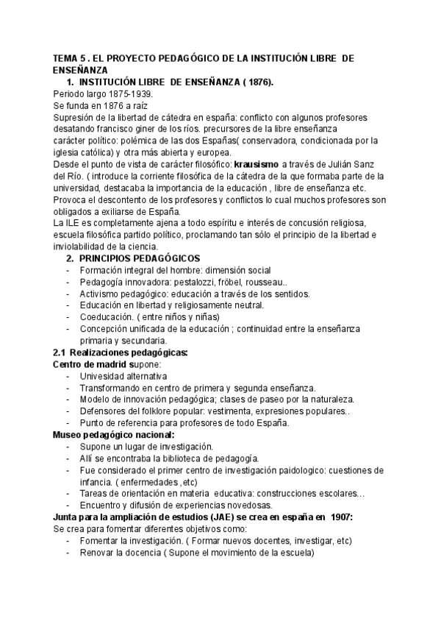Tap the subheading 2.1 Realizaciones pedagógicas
tap(121, 352)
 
